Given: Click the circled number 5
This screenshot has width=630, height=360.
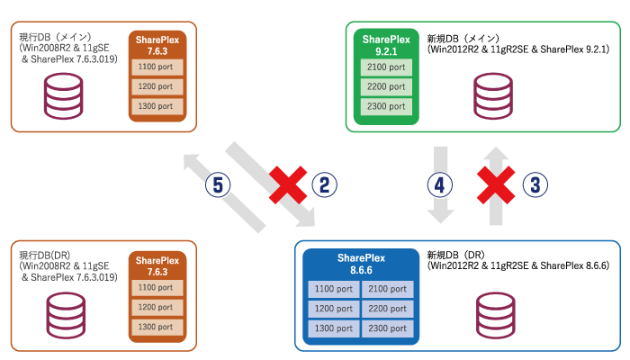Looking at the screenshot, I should [x=219, y=185].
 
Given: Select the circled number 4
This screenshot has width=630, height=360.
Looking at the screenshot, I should [x=438, y=185].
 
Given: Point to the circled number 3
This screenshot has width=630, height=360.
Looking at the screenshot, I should [x=535, y=185].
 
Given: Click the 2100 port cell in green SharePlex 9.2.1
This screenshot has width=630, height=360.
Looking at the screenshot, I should [x=386, y=68].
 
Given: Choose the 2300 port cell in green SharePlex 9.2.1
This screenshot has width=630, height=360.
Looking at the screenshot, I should [x=386, y=106].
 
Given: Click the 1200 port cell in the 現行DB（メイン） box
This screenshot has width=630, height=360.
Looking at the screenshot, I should [x=158, y=87].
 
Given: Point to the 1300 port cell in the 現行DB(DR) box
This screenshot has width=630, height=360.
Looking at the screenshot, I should [x=158, y=326].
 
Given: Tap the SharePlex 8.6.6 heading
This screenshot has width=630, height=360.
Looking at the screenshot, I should [x=361, y=263].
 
